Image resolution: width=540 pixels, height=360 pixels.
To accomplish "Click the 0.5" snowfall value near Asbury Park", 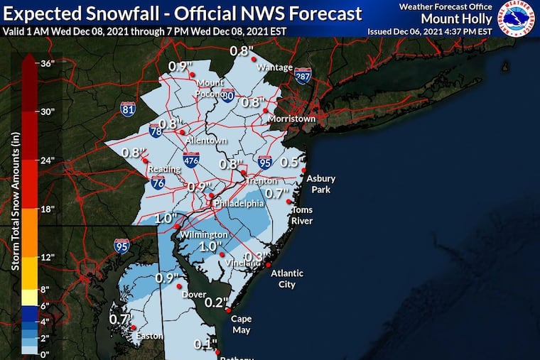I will (288, 162).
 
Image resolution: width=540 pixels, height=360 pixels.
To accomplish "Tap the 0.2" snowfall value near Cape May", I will (215, 302).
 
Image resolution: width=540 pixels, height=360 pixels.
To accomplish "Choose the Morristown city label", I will (291, 119).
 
